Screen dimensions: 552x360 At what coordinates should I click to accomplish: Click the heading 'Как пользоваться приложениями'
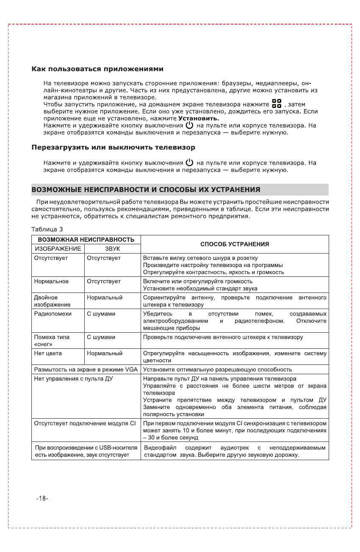click(x=98, y=69)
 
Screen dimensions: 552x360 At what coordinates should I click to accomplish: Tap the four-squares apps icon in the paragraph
click(x=277, y=104)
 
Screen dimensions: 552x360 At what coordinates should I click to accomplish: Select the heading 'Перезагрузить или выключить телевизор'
click(x=114, y=148)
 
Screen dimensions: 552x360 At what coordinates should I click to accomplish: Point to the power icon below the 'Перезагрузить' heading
click(x=189, y=163)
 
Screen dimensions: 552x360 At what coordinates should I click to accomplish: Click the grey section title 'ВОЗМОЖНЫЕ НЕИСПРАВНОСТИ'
click(x=146, y=189)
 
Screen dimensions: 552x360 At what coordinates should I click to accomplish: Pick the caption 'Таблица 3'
click(x=47, y=229)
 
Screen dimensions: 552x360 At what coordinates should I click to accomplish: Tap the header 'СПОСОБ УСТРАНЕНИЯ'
click(x=234, y=244)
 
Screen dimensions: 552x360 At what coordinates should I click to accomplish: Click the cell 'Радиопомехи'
click(x=53, y=314)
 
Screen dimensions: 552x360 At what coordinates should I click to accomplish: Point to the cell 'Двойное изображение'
click(x=52, y=301)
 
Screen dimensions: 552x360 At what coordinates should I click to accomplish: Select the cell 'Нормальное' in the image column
click(x=51, y=281)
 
